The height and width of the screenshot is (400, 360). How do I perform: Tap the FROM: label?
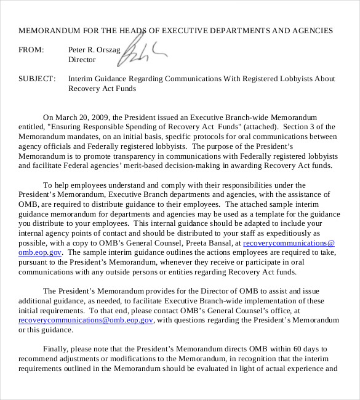31,49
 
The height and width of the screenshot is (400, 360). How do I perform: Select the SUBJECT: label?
37,79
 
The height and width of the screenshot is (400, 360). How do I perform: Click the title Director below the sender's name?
82,60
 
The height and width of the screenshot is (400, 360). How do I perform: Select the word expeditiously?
289,233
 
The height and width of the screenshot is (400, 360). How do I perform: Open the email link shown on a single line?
86,321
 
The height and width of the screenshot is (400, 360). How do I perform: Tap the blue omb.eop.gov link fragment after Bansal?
40,252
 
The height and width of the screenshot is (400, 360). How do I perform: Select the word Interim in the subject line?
81,79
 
